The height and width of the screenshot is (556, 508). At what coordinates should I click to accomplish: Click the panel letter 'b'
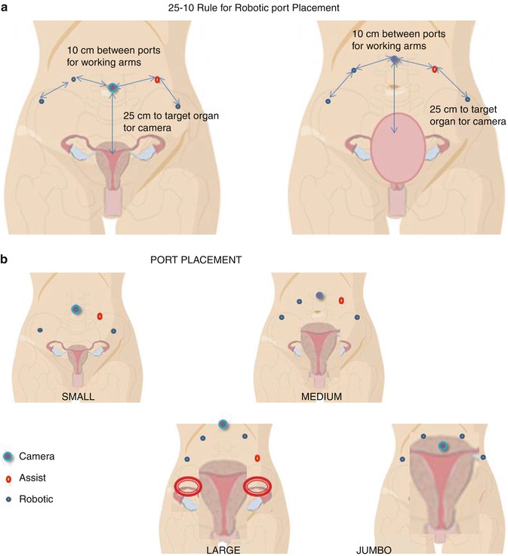[x=5, y=260]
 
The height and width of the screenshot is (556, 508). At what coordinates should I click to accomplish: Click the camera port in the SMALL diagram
[x=75, y=309]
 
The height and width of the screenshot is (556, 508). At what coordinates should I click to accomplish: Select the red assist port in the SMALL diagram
[x=100, y=316]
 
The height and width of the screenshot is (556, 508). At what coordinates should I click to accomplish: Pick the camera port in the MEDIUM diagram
[x=320, y=296]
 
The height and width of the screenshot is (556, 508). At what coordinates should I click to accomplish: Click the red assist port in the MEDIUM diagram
[x=341, y=300]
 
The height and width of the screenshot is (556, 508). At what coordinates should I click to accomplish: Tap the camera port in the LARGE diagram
[x=223, y=425]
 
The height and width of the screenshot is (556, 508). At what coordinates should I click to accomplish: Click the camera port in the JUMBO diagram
[x=442, y=447]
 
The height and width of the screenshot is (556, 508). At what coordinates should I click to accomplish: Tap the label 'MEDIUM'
[x=321, y=396]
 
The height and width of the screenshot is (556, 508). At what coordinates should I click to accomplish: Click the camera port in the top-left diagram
[x=112, y=88]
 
